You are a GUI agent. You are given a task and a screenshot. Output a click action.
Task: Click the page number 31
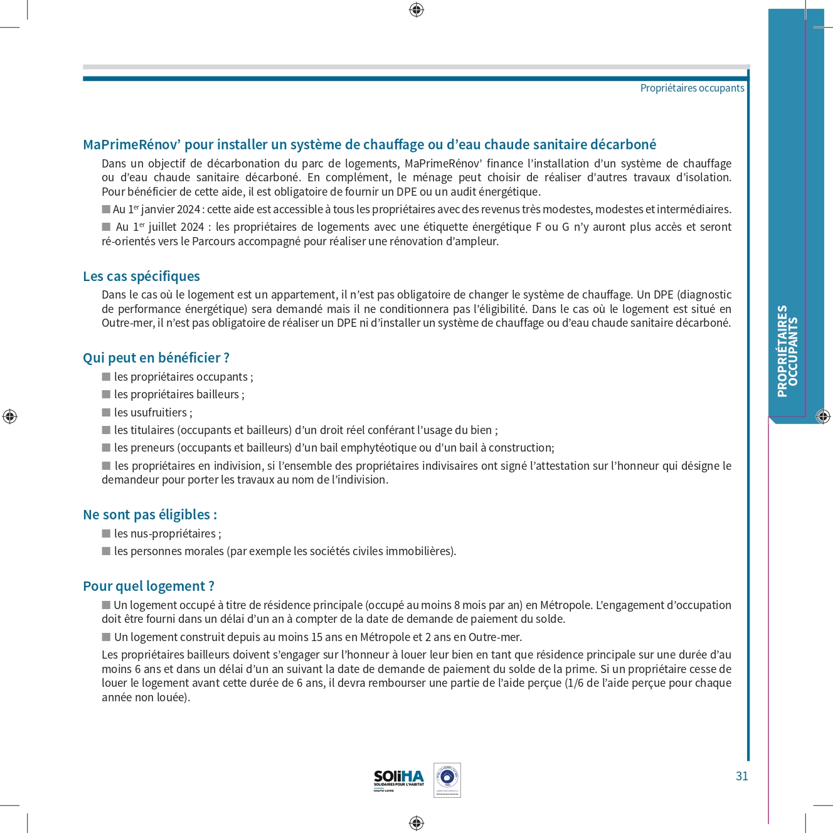pyautogui.click(x=741, y=776)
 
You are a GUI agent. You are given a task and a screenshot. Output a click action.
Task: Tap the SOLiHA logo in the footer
pyautogui.click(x=399, y=780)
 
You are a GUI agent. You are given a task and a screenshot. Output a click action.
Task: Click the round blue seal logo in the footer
pyautogui.click(x=447, y=778)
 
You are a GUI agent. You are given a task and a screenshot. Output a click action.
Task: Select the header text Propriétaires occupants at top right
pyautogui.click(x=692, y=88)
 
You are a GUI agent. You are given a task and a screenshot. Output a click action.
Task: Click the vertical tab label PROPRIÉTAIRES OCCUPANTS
pyautogui.click(x=788, y=351)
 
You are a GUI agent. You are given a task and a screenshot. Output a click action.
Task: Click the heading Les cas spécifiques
pyautogui.click(x=141, y=277)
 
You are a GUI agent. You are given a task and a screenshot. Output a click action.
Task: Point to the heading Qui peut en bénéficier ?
pyautogui.click(x=156, y=358)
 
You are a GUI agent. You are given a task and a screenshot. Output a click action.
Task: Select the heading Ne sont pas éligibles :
pyautogui.click(x=150, y=515)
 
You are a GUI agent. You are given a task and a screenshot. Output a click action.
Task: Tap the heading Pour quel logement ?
pyautogui.click(x=149, y=586)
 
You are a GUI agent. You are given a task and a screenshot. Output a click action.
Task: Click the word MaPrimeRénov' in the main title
pyautogui.click(x=132, y=145)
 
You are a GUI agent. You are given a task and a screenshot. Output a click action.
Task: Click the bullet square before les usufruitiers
pyautogui.click(x=106, y=413)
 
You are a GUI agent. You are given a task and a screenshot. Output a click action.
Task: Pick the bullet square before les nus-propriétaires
pyautogui.click(x=106, y=534)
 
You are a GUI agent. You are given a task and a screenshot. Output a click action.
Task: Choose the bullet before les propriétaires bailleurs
pyautogui.click(x=106, y=395)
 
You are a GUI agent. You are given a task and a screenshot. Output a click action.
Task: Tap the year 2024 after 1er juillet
pyautogui.click(x=191, y=227)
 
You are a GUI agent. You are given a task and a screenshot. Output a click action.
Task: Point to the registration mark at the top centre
pyautogui.click(x=416, y=10)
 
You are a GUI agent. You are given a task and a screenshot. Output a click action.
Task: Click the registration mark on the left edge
pyautogui.click(x=10, y=416)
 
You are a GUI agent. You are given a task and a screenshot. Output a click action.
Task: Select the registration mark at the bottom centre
pyautogui.click(x=416, y=823)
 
